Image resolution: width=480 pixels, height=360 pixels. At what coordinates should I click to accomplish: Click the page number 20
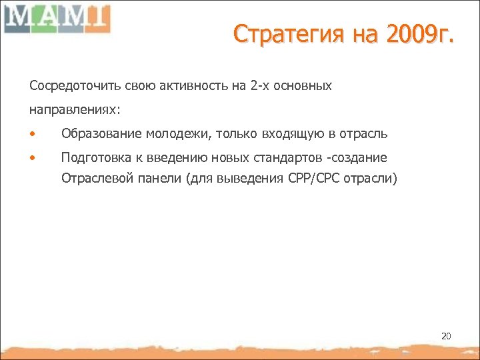pyautogui.click(x=446, y=337)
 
